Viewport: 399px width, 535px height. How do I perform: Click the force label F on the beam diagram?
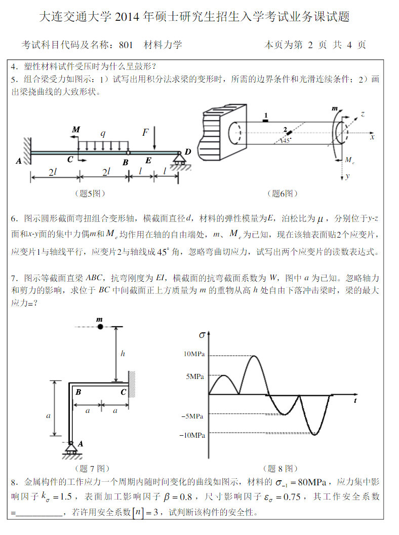tap(145, 133)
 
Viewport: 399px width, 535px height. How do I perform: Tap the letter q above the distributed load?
tap(103, 133)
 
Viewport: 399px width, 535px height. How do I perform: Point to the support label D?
tap(187, 151)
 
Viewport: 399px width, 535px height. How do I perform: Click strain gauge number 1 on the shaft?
tap(265, 115)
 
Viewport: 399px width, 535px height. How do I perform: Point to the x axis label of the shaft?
tap(372, 137)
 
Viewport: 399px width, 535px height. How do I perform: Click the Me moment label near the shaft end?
tap(349, 160)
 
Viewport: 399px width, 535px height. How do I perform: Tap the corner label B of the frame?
tap(78, 392)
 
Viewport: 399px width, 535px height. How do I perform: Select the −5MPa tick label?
tap(192, 416)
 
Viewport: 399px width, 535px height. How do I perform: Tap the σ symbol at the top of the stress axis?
tap(202, 335)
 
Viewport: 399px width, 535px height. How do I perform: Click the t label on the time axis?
tap(355, 400)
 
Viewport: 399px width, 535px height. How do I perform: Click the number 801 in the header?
tap(126, 45)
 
